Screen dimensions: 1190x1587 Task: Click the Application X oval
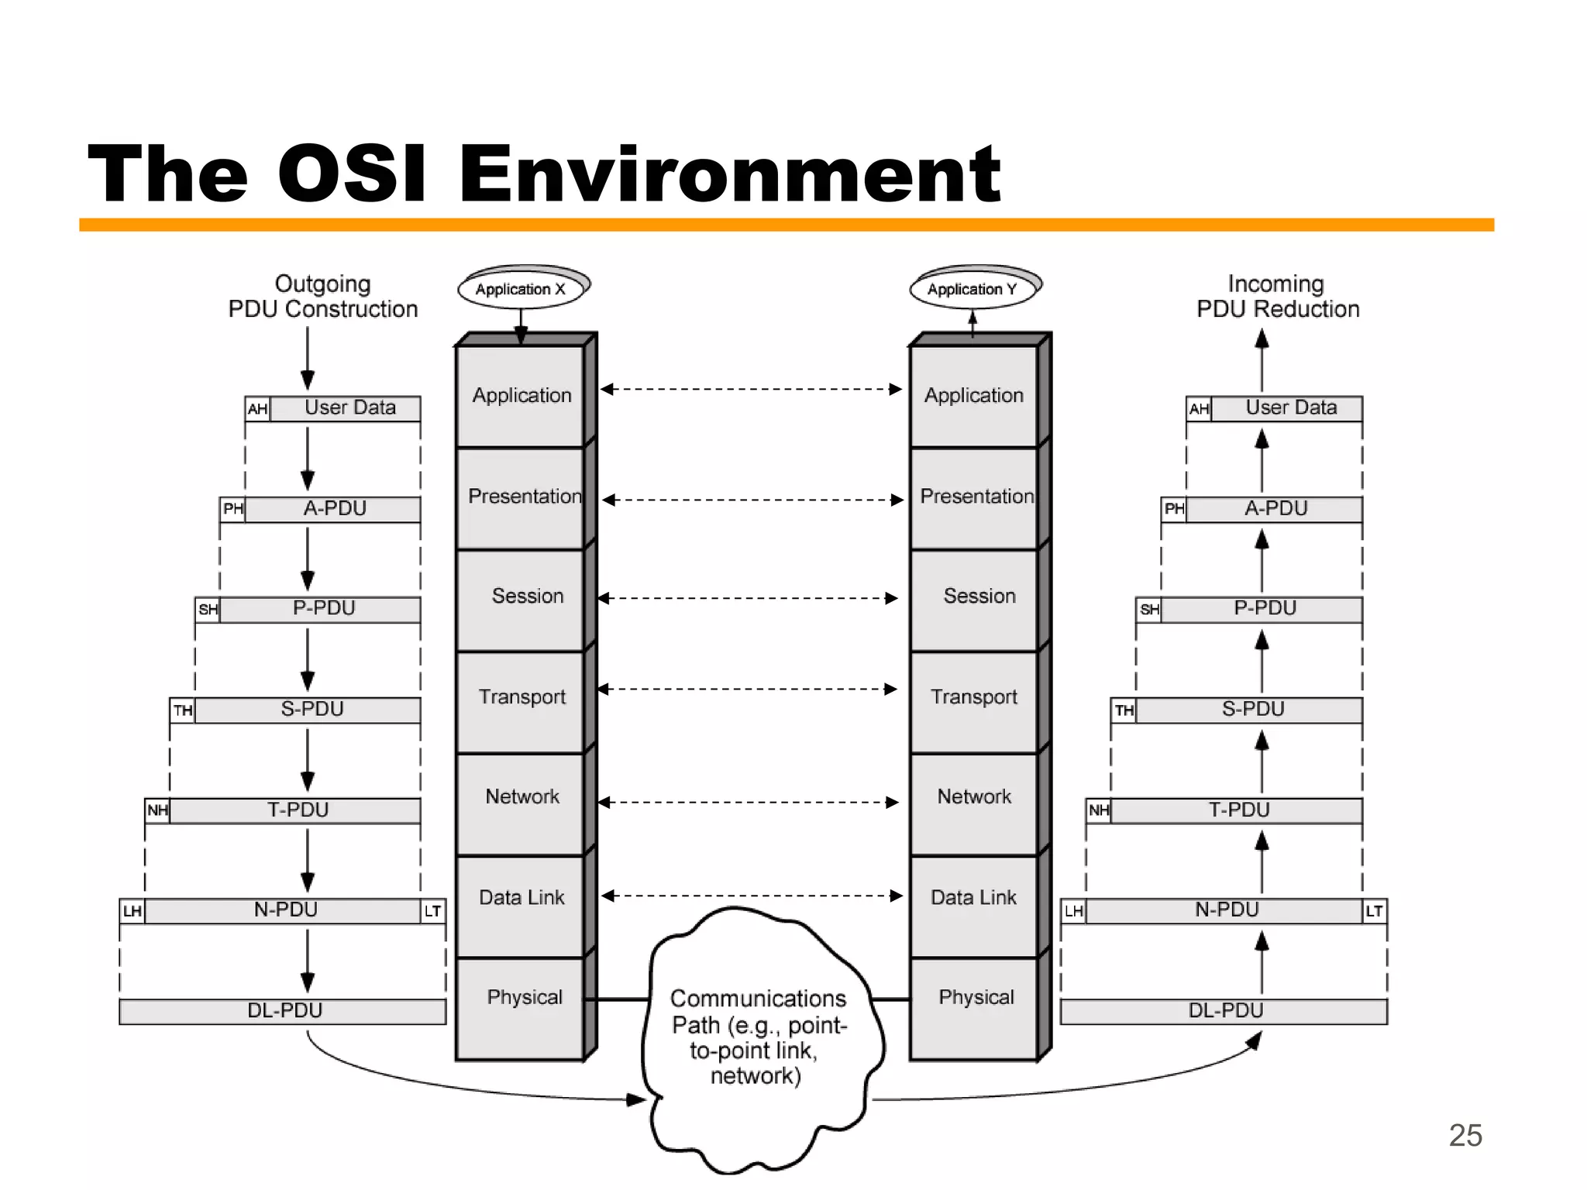click(521, 289)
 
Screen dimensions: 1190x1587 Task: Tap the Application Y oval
click(973, 289)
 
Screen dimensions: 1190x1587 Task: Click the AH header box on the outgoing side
click(257, 409)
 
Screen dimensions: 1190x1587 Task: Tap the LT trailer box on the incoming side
click(1374, 911)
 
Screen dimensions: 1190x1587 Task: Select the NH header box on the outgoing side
click(157, 810)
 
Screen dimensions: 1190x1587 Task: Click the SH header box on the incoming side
click(1149, 610)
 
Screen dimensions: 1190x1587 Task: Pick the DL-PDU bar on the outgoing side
click(283, 1011)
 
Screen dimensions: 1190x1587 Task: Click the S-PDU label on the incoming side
click(1253, 710)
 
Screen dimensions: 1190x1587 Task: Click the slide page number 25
click(1465, 1135)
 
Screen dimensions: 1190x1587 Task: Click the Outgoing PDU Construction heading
click(323, 296)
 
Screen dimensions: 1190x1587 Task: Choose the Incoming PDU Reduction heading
click(1277, 296)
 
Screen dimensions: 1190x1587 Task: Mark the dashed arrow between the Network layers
click(749, 803)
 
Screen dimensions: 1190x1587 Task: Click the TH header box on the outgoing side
click(183, 710)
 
